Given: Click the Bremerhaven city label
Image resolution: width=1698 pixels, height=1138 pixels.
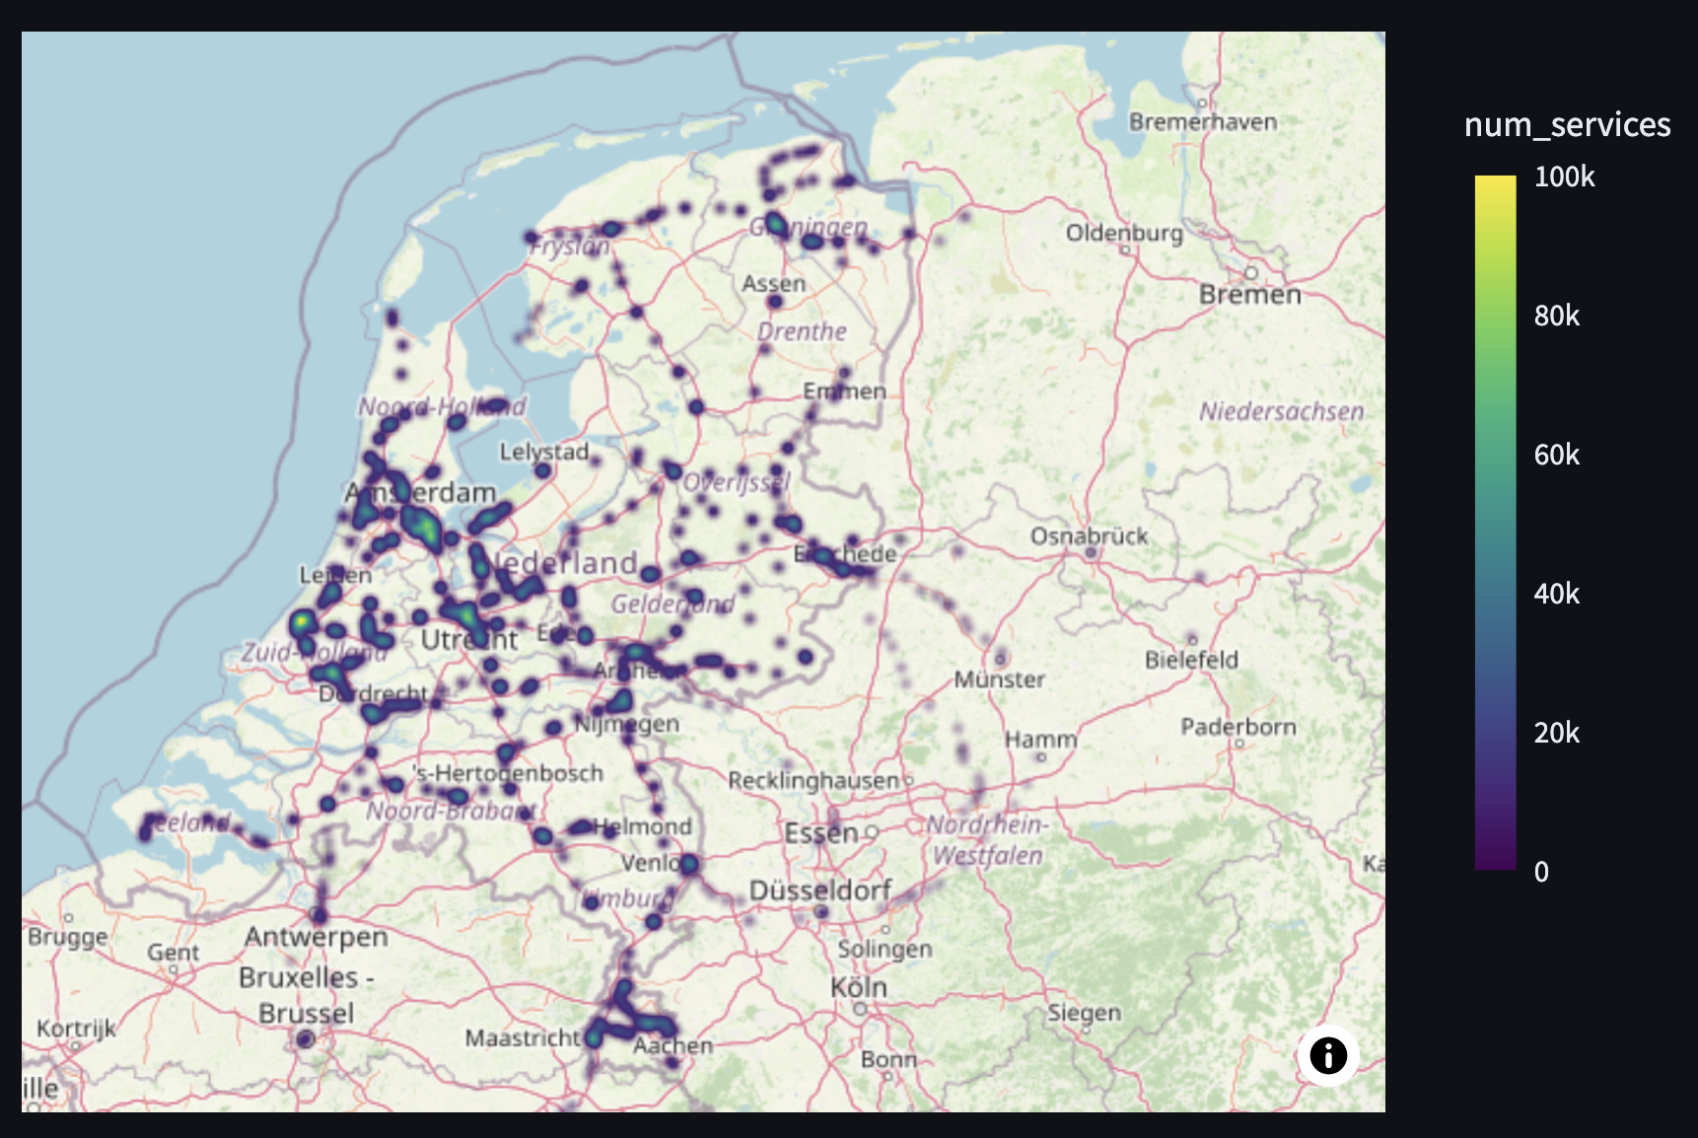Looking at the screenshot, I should [1202, 121].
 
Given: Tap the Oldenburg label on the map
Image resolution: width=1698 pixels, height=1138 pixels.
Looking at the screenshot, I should [1124, 233].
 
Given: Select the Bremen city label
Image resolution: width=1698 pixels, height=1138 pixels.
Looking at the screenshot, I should [1249, 294].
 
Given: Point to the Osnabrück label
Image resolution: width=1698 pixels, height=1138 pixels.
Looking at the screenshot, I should [1089, 535].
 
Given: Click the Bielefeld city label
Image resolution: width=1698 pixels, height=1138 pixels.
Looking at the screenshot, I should [1191, 659].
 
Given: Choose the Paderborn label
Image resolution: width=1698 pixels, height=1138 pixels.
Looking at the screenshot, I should [1238, 727].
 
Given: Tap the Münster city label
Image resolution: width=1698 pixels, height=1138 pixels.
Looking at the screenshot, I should [999, 678].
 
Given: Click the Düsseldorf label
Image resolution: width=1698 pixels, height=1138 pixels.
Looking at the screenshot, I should [820, 890].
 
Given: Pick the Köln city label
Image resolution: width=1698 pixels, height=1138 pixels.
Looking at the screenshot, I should [858, 986].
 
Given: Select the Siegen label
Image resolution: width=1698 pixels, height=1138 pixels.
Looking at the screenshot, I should [1084, 1012].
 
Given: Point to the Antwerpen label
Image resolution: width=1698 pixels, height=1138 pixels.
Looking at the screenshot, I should [316, 936].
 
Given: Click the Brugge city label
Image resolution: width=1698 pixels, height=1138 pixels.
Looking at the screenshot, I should [67, 936].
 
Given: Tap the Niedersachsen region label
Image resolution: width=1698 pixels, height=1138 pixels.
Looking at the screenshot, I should [1281, 411].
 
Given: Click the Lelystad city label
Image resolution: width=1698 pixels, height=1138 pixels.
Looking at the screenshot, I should [543, 452].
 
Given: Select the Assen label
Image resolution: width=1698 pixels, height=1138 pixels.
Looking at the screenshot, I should [773, 283].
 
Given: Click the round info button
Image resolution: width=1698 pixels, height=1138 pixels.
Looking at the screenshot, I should [1328, 1055].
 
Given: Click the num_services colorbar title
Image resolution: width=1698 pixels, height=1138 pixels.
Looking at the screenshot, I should [1567, 124].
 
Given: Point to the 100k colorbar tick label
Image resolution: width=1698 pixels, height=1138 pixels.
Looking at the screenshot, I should [1564, 177].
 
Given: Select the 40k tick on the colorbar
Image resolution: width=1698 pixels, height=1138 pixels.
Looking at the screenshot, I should [1556, 594].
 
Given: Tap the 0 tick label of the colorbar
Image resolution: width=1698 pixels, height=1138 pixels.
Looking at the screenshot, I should [1541, 872].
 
